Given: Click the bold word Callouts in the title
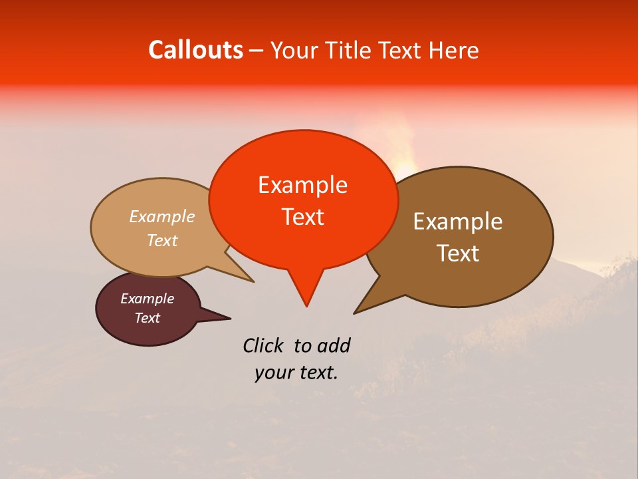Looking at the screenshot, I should (x=195, y=50).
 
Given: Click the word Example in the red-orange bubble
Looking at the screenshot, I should (x=302, y=185).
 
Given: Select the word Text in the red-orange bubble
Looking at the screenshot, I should (x=302, y=217).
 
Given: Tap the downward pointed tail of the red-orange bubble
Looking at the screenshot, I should (x=306, y=293).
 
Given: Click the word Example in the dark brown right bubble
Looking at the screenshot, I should (x=458, y=222).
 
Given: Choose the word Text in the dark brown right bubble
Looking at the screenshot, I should (x=458, y=253).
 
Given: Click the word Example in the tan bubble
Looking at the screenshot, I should (x=162, y=217).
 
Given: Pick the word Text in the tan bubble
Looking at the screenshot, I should (x=162, y=241).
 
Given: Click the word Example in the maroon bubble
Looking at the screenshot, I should (x=148, y=299).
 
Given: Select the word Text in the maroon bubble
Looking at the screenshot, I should (x=148, y=318).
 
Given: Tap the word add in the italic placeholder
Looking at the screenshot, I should (x=334, y=345).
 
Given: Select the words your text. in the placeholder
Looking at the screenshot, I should (x=296, y=373).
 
